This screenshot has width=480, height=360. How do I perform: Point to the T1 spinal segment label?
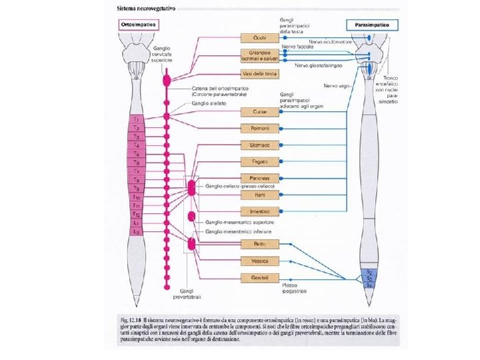(x=136, y=119)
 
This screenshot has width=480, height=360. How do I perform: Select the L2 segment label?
(x=136, y=231)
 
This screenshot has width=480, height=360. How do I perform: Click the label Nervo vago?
(x=335, y=86)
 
